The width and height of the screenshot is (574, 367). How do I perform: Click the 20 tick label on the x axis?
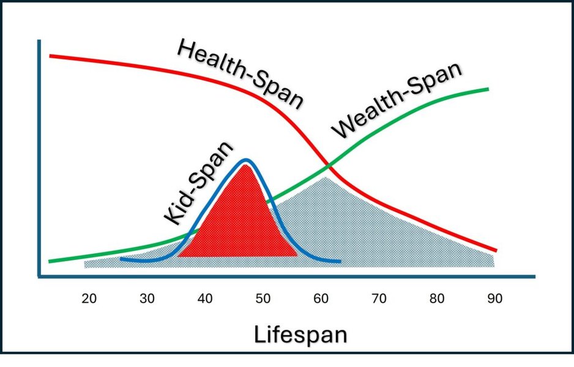pos(89,299)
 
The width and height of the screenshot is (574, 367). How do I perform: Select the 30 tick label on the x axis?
pos(147,299)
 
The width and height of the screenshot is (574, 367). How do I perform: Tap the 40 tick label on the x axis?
pos(205,299)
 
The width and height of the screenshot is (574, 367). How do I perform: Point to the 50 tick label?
pos(263,299)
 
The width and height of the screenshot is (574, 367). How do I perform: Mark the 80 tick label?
pos(437,299)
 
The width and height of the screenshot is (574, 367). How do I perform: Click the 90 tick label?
pos(494,299)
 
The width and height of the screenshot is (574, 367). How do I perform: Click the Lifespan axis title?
pos(300,335)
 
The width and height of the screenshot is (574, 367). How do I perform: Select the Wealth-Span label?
pos(397,101)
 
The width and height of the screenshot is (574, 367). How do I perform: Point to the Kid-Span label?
pos(199,183)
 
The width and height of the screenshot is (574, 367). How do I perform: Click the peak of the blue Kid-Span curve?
pos(246,160)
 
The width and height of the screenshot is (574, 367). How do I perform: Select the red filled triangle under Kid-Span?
pos(242,226)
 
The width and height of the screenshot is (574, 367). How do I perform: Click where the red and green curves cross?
pos(329,165)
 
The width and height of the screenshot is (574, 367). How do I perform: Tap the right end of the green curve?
pos(488,89)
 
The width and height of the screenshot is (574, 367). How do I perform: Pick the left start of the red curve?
pos(51,56)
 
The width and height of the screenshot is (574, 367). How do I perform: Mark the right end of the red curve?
pos(496,251)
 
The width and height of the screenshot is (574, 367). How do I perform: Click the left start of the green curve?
pos(50,261)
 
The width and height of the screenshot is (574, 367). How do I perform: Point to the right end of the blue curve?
pos(340,262)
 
